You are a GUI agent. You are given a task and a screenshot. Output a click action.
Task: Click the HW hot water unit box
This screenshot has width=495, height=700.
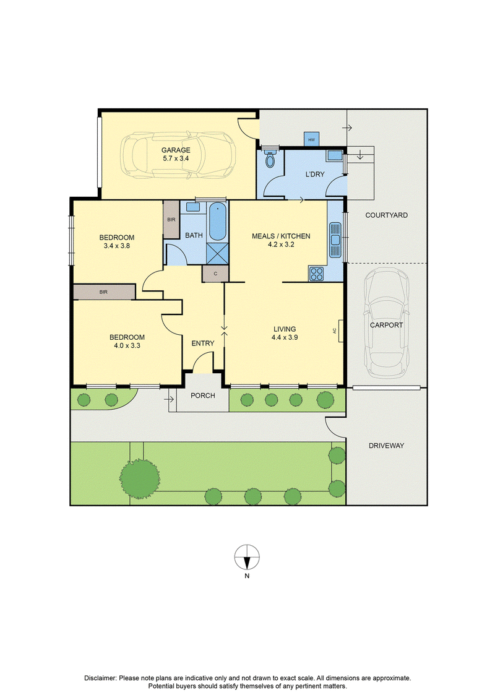click(311, 139)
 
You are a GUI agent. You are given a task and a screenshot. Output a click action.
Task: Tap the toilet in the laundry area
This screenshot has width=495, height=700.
click(270, 159)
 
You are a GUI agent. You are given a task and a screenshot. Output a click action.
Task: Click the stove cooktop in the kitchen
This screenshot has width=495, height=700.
click(316, 273)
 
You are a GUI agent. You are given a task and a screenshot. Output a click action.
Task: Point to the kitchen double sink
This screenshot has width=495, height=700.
click(335, 240)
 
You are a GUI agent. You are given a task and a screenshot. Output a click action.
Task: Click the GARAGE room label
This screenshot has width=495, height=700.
click(176, 150)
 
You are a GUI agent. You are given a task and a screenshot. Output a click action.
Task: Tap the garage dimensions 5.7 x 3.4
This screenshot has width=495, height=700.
click(176, 158)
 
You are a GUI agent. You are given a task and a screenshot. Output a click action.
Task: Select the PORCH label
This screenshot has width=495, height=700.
click(203, 395)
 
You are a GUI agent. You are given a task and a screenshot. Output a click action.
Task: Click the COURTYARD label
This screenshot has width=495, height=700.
click(387, 215)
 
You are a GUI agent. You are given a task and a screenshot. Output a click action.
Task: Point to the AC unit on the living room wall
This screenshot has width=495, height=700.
click(340, 331)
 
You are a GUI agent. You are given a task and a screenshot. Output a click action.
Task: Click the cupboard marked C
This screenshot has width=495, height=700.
click(215, 274)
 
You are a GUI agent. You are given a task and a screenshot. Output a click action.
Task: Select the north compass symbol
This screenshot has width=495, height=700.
click(247, 557)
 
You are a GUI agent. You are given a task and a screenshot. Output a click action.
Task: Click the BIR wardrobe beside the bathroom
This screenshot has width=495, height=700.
click(171, 220)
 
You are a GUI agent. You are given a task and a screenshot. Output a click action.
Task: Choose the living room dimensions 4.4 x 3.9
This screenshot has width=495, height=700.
click(285, 337)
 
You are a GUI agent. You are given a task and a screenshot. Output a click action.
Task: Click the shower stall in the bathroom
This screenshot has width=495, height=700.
click(218, 253)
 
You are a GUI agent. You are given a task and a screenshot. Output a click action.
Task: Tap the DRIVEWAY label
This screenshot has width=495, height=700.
click(387, 446)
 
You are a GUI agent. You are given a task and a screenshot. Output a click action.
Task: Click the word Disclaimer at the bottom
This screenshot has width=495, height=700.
click(100, 678)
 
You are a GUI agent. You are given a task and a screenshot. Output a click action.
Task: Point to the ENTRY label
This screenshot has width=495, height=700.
click(203, 344)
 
